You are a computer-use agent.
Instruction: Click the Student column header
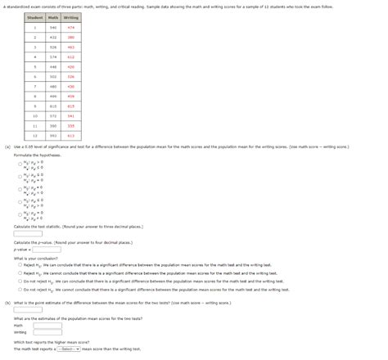[35, 17]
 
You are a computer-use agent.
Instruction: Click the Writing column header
[71, 17]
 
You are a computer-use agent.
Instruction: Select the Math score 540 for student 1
[53, 27]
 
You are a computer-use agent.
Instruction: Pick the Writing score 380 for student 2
[71, 37]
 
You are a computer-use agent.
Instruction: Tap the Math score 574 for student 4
[53, 56]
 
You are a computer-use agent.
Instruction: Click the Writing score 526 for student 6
[71, 76]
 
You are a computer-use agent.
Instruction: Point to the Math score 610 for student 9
[53, 106]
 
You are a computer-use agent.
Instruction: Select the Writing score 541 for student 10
[71, 115]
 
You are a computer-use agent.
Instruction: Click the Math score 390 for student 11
[53, 126]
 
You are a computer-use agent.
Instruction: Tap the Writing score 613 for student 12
[71, 136]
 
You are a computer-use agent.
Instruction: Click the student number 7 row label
[35, 86]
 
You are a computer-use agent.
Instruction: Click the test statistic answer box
[28, 233]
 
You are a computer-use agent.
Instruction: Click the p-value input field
[47, 250]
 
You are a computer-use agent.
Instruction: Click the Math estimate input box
[47, 325]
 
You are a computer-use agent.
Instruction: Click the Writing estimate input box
[47, 332]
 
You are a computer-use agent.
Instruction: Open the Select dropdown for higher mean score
[68, 349]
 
